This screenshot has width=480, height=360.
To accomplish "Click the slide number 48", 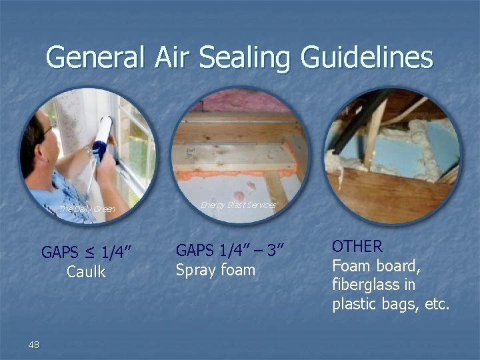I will [x=34, y=344].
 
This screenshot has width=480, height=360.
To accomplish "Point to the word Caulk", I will [x=86, y=272].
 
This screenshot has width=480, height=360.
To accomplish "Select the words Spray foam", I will [x=215, y=270].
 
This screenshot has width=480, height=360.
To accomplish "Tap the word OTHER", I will [x=357, y=246].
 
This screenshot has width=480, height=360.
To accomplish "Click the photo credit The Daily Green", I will [x=87, y=209].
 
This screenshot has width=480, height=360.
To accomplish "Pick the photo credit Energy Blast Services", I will [x=238, y=205].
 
